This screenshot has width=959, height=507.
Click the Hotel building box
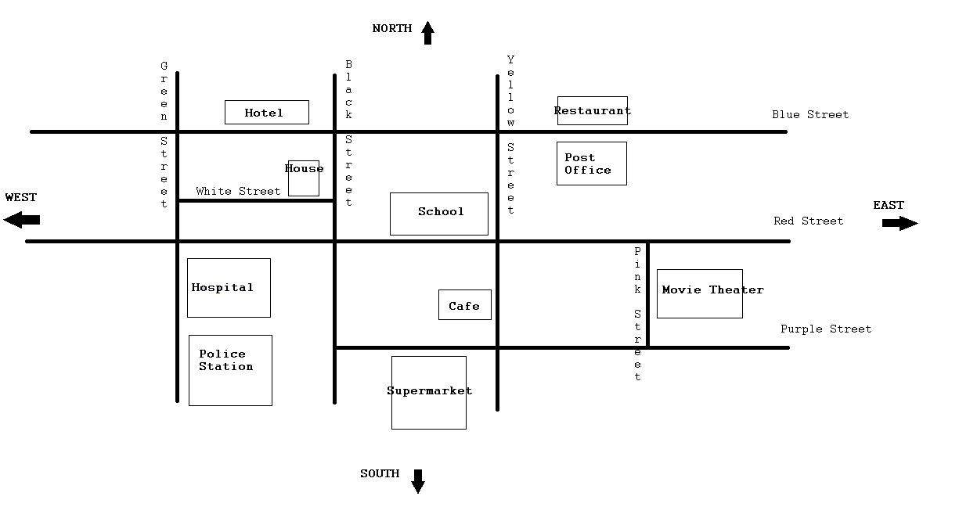tap(266, 112)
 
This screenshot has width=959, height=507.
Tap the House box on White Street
tap(304, 178)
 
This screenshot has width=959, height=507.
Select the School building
tap(438, 214)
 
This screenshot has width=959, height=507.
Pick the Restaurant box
tap(592, 110)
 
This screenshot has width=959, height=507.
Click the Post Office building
tap(591, 164)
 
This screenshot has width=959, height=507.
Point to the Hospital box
tap(229, 288)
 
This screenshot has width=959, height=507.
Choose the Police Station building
tap(230, 370)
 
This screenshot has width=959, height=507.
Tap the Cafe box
tap(464, 305)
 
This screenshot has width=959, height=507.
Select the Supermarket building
tap(428, 392)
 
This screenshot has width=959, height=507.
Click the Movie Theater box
tap(699, 293)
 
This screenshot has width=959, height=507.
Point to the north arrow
tap(427, 33)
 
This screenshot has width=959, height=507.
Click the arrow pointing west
tap(22, 220)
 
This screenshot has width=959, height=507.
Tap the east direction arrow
tap(900, 223)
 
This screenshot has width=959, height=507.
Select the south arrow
tap(418, 481)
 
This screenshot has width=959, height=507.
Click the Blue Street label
tap(809, 114)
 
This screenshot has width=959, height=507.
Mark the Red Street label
tap(808, 221)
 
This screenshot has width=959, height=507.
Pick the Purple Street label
tap(825, 329)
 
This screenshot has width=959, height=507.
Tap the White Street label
tap(238, 191)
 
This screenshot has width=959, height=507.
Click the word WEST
tap(21, 197)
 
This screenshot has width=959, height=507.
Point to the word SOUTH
tap(380, 473)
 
